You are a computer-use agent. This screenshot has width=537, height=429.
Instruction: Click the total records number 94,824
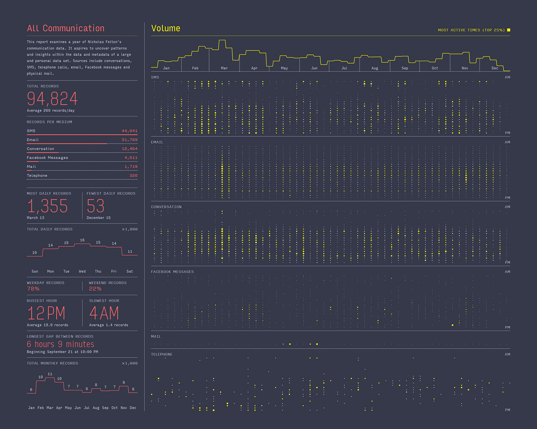[52, 99]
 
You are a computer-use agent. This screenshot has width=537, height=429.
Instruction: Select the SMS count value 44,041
[129, 131]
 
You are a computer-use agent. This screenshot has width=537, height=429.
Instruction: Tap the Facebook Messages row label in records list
[47, 158]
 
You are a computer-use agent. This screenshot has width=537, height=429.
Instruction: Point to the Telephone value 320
[133, 175]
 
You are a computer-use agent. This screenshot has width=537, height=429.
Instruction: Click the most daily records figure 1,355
[48, 206]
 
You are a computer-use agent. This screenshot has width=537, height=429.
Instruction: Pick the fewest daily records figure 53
[95, 206]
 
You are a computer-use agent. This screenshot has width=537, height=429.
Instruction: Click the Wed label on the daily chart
[82, 271]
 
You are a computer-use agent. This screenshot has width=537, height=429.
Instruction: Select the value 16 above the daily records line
[82, 240]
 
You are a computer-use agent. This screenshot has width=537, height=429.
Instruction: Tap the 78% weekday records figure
[33, 289]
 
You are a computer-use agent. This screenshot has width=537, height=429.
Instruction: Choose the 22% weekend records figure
[95, 289]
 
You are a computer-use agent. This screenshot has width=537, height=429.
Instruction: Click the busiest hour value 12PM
[46, 313]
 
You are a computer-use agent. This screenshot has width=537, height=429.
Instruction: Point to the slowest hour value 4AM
[104, 313]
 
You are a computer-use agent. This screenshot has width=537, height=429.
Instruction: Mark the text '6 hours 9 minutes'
[61, 344]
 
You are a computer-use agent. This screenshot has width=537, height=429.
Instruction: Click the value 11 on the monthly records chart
[50, 374]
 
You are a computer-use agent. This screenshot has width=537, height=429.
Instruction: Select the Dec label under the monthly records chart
[133, 408]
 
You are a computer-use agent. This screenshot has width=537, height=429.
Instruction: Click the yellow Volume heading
[166, 28]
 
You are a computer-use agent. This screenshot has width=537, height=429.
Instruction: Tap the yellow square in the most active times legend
[509, 30]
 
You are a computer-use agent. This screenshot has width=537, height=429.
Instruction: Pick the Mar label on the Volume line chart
[224, 68]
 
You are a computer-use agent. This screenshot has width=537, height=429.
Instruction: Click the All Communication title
[66, 28]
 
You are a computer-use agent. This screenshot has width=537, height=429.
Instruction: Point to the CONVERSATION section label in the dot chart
[166, 207]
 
